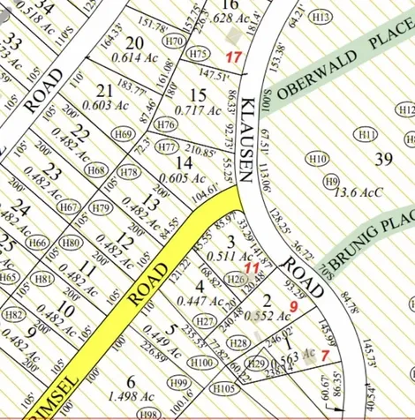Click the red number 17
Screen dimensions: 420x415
pos(233,57)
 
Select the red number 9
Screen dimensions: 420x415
pos(292,307)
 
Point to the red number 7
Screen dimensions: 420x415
pos(325,354)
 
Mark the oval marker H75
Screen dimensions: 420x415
pos(200,54)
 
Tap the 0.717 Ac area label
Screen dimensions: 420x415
pos(199,110)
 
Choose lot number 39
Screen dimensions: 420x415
pos(382,159)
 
